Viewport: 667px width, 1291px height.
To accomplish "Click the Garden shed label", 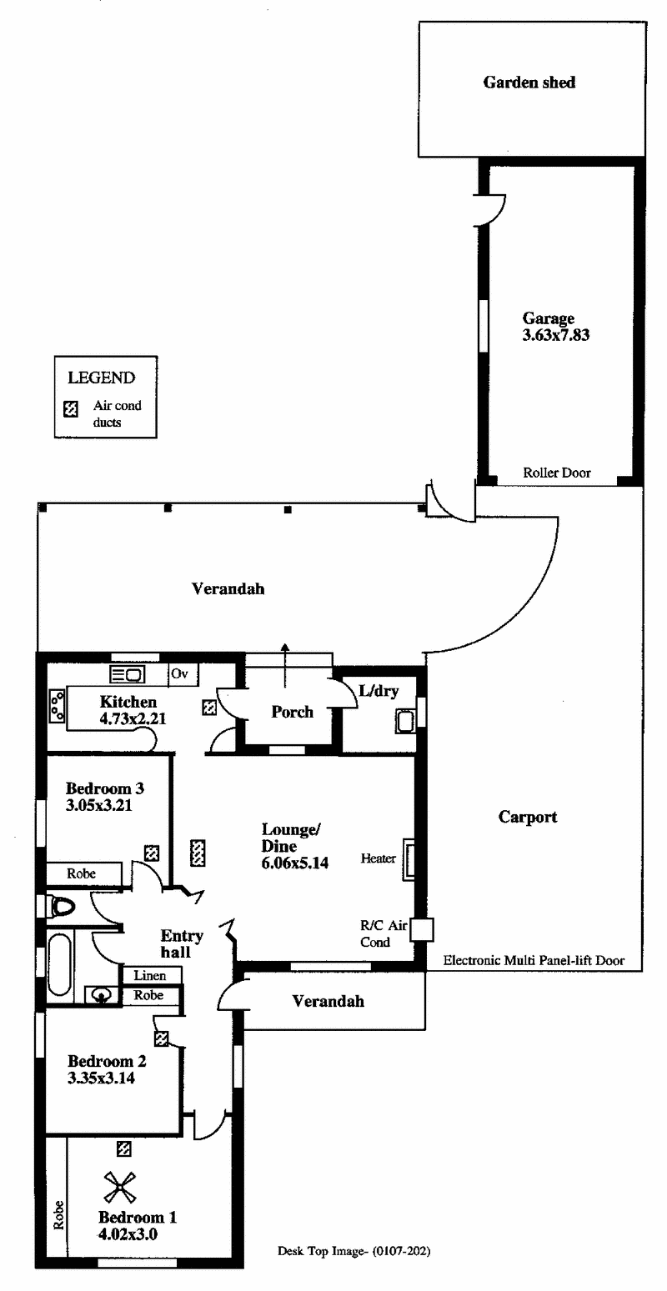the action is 529,83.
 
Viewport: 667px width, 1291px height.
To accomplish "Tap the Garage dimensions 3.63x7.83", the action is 556,335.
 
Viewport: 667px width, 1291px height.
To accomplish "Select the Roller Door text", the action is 557,473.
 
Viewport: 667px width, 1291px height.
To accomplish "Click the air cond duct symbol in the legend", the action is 70,409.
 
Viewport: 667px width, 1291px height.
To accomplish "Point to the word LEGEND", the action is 102,378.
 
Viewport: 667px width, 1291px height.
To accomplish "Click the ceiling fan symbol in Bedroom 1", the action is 119,1188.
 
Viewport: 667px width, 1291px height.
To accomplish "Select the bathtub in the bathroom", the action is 59,965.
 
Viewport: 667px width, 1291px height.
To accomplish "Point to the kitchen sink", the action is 127,673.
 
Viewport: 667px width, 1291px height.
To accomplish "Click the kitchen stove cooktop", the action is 57,706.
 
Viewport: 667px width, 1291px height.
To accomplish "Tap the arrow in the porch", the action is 285,665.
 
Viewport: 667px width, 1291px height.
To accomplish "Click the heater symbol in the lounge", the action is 409,859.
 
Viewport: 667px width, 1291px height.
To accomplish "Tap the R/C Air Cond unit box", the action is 421,929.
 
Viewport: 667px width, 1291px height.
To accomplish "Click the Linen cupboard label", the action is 150,976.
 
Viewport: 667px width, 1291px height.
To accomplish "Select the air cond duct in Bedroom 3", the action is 152,853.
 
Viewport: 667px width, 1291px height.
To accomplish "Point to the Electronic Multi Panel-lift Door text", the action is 534,960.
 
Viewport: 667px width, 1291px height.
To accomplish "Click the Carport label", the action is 528,818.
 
